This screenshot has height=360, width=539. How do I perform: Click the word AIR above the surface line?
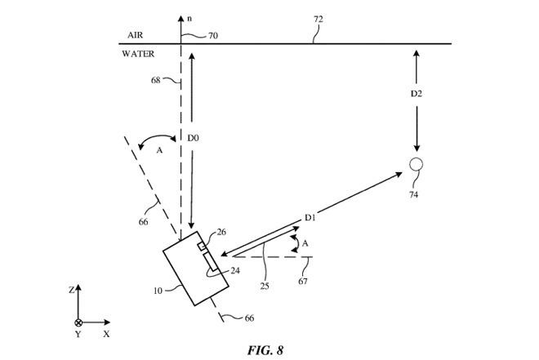tap(136, 36)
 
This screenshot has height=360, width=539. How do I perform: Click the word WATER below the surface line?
tap(138, 54)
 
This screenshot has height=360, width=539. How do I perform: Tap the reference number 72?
tap(318, 19)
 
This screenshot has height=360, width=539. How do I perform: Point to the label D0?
tap(193, 139)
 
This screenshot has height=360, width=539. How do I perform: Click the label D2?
tap(416, 94)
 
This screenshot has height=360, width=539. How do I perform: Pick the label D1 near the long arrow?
tap(310, 217)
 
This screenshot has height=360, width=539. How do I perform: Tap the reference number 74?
tap(414, 194)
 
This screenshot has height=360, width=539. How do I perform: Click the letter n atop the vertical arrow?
tap(189, 16)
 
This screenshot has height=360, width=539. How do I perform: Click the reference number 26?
tap(221, 232)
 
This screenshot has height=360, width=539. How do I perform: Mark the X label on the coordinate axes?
tap(107, 334)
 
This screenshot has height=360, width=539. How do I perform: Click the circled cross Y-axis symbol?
tap(78, 322)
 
